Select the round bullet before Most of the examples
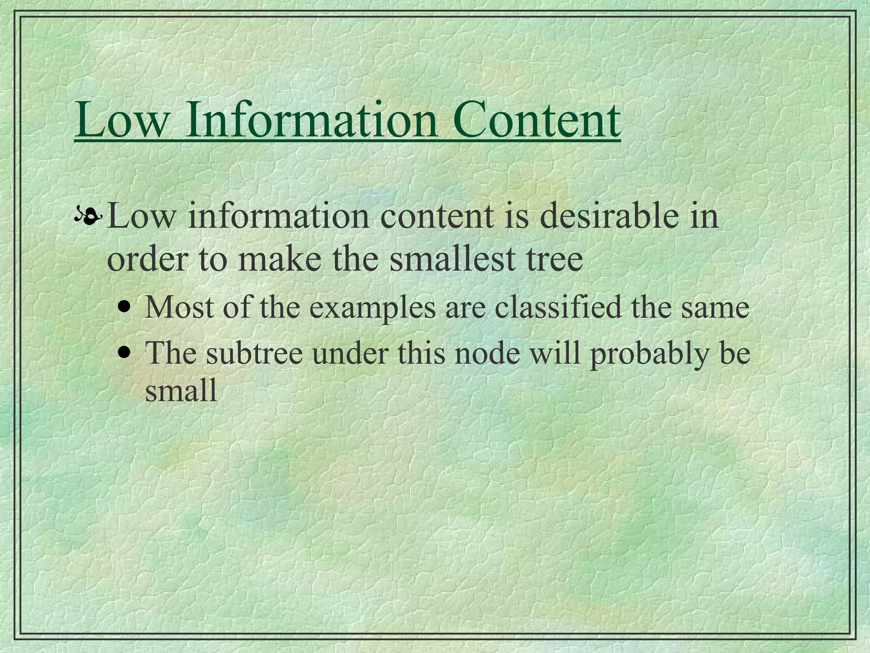point(124,307)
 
